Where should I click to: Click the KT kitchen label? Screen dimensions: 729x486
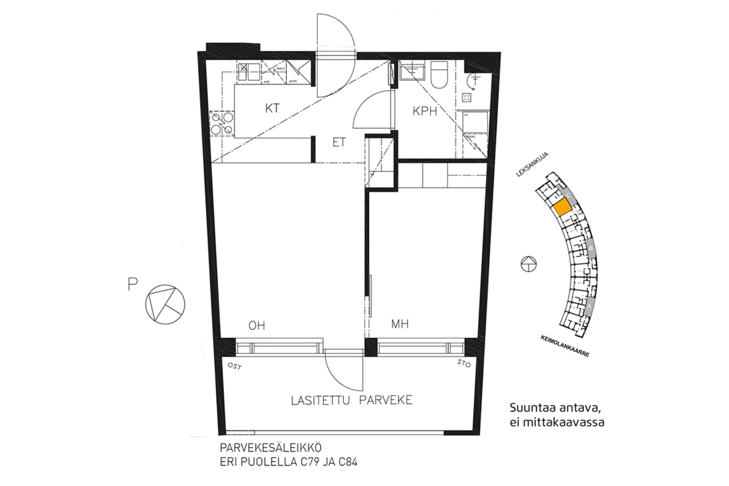272,108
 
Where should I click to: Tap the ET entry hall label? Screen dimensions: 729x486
339,142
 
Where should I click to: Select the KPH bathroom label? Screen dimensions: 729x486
425,111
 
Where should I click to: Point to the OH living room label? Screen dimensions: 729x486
257,326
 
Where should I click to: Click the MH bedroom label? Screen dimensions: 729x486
399,324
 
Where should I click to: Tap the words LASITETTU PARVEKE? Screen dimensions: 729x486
351,400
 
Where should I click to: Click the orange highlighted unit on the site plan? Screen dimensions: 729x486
562,208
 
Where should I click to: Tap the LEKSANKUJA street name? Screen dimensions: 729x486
533,165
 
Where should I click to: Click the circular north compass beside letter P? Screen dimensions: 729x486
165,305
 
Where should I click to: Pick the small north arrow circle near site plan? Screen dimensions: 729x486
528,264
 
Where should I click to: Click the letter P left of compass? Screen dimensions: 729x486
132,284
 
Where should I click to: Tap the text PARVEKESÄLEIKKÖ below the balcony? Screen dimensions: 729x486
270,447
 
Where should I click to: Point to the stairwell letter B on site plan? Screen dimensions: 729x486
590,248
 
